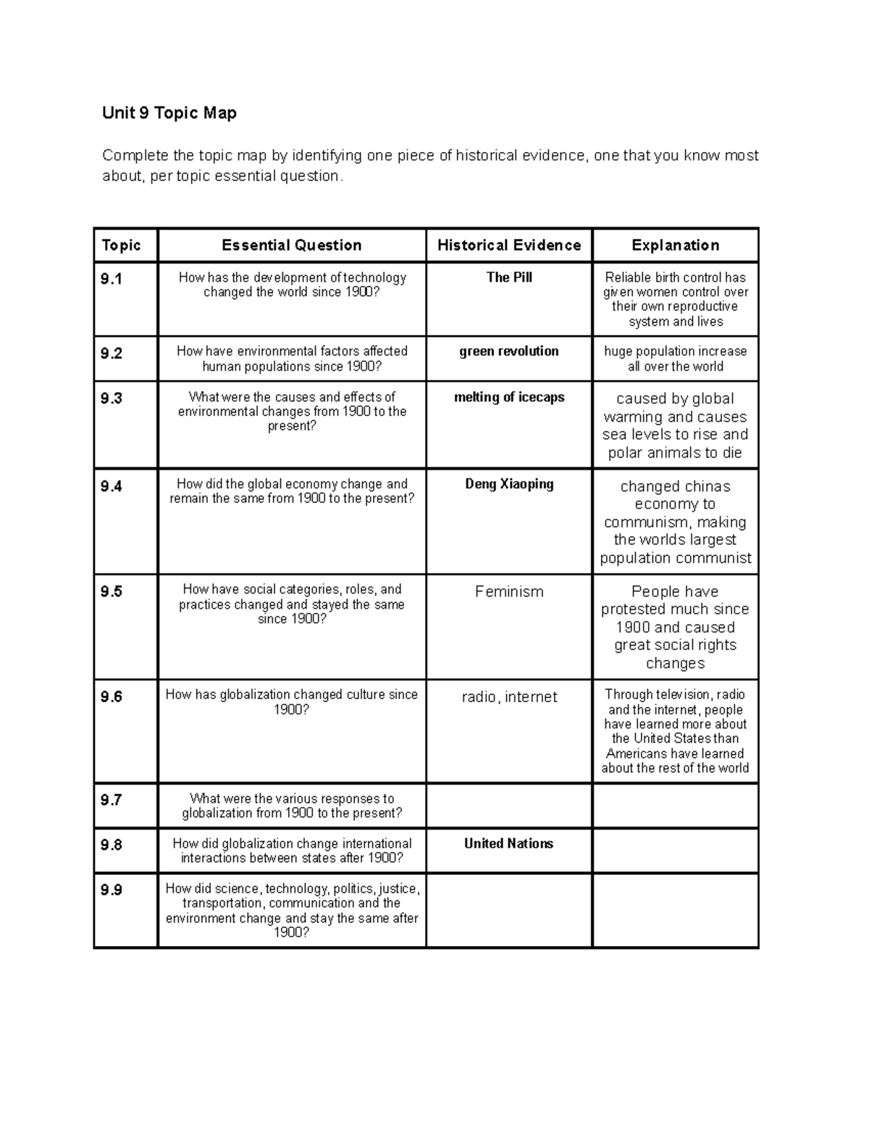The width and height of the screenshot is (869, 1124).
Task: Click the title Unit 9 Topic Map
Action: pos(169,113)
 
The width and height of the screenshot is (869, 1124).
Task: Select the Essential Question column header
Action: pos(291,245)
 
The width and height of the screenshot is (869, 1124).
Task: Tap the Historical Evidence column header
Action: pos(508,245)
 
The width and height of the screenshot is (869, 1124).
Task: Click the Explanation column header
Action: pos(675,245)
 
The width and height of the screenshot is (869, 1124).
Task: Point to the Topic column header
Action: pos(121,245)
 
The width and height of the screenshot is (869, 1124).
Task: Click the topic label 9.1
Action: pos(112,279)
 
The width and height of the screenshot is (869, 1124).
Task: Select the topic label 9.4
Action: pos(112,486)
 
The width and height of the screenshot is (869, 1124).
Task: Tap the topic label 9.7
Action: pos(112,800)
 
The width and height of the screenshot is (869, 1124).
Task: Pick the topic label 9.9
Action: pos(112,890)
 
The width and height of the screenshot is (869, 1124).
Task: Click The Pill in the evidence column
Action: pos(509,277)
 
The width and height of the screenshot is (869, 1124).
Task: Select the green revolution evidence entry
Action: pos(508,351)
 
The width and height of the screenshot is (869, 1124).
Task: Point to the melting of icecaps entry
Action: pos(508,397)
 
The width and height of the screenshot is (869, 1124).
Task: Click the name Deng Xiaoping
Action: pos(509,483)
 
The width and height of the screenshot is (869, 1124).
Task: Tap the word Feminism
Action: pos(509,591)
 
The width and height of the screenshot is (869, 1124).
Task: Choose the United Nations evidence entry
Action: pos(508,843)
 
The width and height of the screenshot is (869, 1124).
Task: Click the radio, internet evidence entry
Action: pos(509,697)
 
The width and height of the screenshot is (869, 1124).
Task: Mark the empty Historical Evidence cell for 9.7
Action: pos(509,806)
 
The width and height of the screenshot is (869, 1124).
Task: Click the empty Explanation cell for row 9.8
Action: pos(675,850)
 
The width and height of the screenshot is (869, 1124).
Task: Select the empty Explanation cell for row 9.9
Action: pos(675,910)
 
